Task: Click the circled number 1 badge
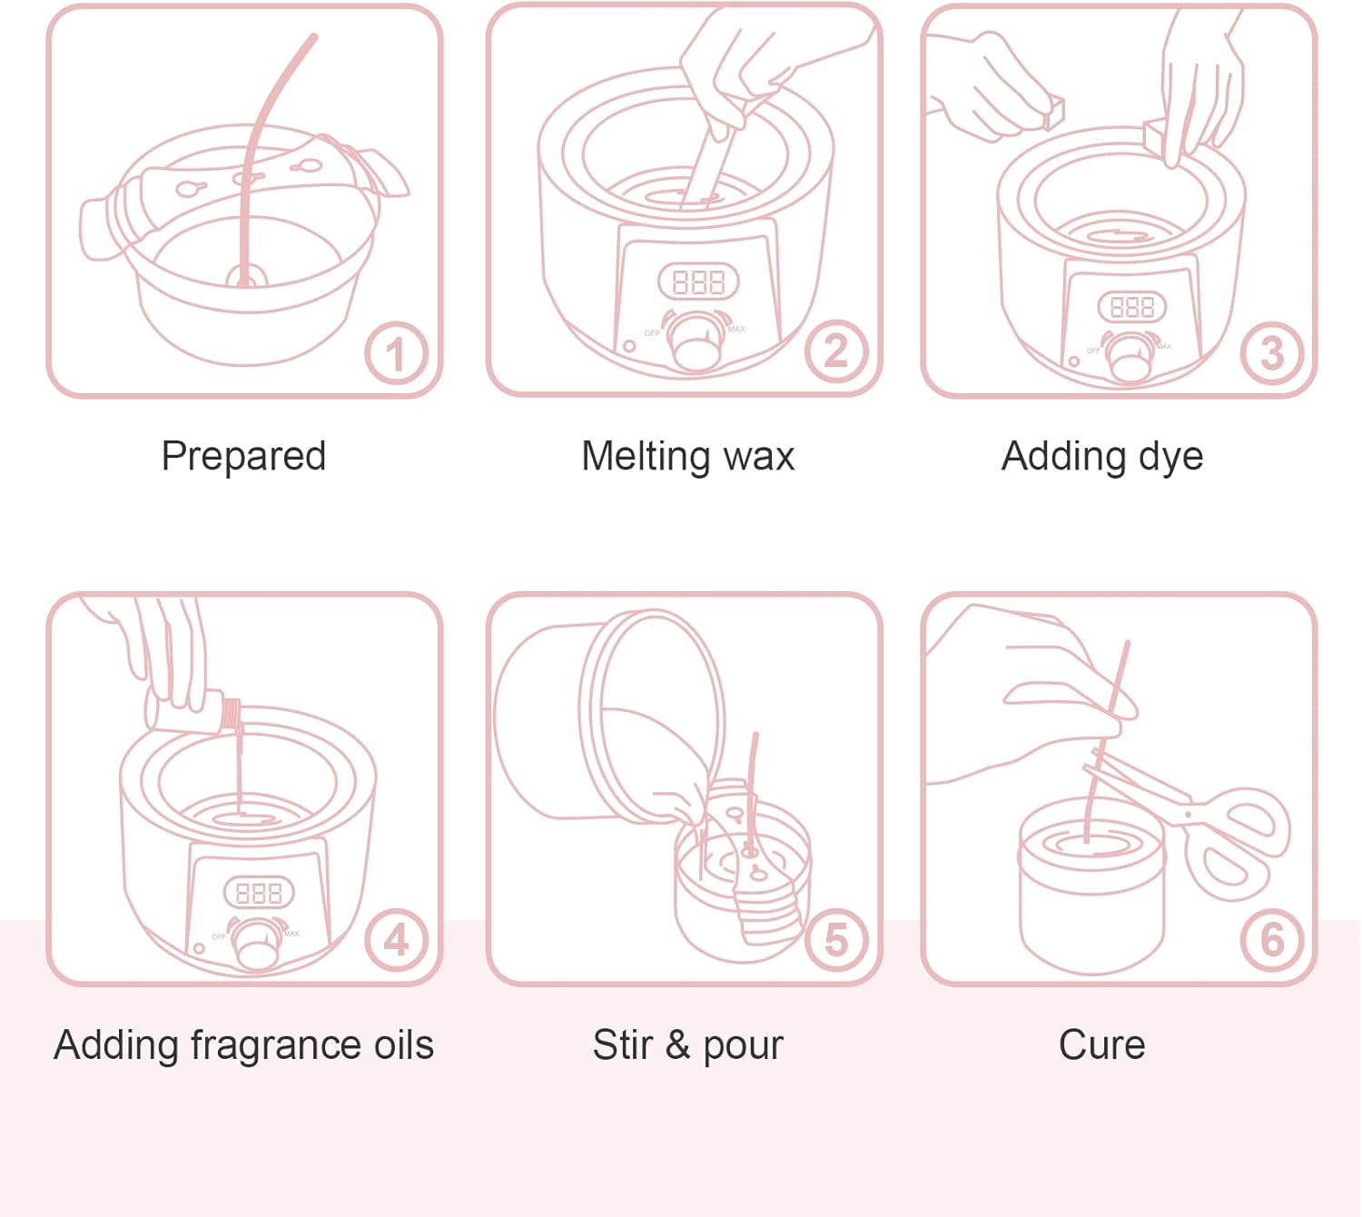coord(396,353)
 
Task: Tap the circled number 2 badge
coord(836,351)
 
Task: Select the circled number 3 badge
coord(1272,353)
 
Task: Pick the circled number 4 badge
coord(396,940)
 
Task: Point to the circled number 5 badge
coord(836,940)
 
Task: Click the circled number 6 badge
coord(1272,940)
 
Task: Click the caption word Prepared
coord(243,457)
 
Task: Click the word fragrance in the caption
coord(275,1046)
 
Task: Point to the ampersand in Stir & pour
coord(677,1045)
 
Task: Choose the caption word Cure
coord(1101,1045)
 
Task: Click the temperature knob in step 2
coord(696,341)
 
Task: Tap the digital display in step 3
coord(1132,307)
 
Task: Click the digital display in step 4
coord(259,893)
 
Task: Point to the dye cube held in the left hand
coord(1054,113)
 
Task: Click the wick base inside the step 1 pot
coord(244,276)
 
